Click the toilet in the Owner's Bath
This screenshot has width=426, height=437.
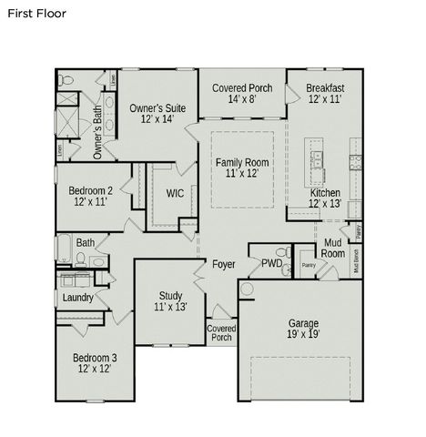coord(66,81)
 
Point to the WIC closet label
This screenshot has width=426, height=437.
coord(175,193)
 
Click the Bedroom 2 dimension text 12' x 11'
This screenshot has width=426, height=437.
coord(91,202)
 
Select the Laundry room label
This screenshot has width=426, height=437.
coord(78,298)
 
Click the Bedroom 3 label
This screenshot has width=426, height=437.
coord(95,359)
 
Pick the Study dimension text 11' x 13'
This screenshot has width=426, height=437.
coord(170,308)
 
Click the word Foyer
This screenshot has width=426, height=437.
coord(223,265)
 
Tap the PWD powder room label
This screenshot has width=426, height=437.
coord(271,264)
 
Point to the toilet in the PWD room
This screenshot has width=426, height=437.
coord(284,252)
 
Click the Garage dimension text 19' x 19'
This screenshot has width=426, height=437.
coord(303,335)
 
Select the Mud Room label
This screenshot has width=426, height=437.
coord(333,248)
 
